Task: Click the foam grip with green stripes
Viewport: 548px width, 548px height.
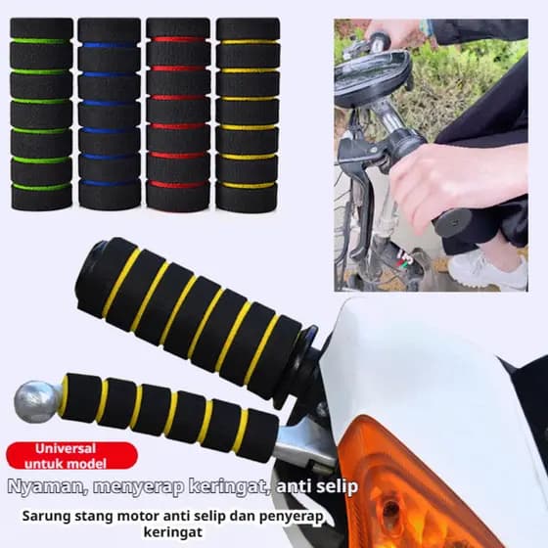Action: (41, 114)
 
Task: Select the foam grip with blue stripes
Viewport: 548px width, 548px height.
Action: (110, 114)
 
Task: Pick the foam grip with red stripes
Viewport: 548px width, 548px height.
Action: (178, 114)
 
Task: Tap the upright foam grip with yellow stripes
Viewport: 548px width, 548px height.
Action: (248, 114)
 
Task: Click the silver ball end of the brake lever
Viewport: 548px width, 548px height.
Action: (37, 401)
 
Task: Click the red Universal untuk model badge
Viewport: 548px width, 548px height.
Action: (72, 456)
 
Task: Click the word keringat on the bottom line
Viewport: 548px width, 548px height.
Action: (173, 532)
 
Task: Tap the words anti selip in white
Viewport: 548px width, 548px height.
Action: (317, 486)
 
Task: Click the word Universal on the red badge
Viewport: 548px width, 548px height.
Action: (66, 448)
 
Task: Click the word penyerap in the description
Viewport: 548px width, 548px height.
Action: (292, 518)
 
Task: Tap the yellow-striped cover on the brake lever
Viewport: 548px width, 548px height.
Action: (167, 415)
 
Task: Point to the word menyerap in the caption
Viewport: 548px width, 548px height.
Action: (138, 487)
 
